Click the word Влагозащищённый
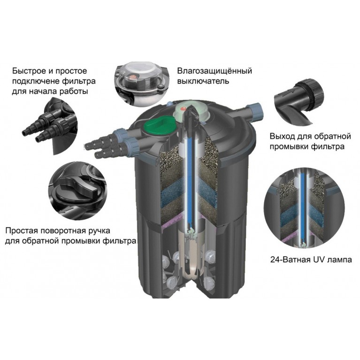[x=214, y=71]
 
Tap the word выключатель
[x=203, y=81]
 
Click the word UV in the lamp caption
[x=317, y=260]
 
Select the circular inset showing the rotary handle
[x=77, y=191]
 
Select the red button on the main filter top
[x=183, y=108]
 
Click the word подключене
[x=36, y=82]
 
